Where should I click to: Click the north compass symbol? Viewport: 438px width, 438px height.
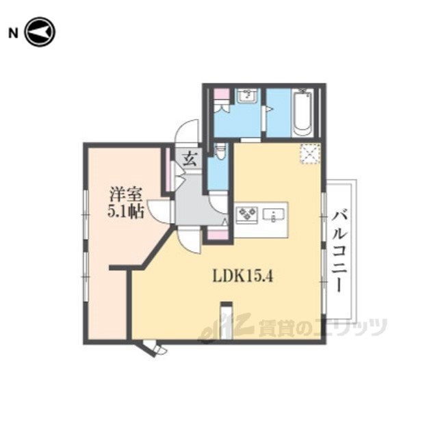pos(40,32)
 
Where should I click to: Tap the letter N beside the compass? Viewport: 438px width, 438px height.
pos(13,34)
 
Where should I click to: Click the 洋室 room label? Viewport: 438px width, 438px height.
pos(126,194)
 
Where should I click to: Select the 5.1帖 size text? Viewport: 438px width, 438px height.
pos(126,212)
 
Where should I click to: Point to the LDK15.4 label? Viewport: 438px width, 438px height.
pos(242,276)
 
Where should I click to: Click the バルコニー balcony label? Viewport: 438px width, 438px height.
pos(339,250)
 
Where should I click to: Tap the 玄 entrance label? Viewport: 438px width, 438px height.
pos(190,160)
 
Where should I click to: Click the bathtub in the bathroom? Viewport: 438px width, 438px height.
pos(302,113)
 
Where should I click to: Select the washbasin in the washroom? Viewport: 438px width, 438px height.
pos(247,96)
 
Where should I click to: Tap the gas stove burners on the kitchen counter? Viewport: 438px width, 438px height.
pos(246,214)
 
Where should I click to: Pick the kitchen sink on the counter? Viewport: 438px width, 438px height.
pos(274,215)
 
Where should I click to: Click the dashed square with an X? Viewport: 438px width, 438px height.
pos(310,153)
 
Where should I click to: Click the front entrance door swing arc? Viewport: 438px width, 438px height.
pos(187,131)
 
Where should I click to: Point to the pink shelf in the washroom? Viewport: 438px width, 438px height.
pos(222,94)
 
